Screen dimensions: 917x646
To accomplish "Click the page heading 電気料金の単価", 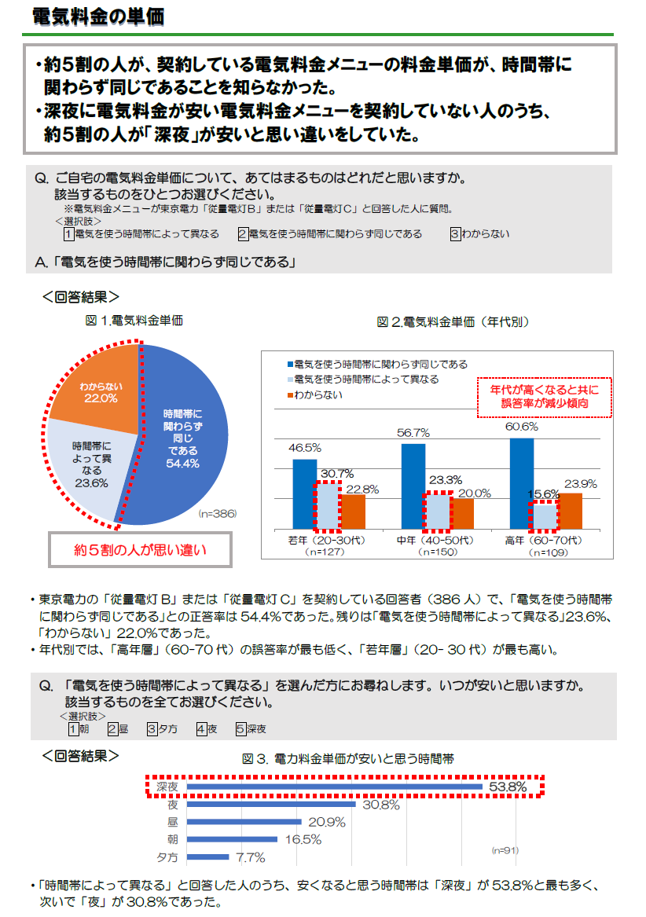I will pyautogui.click(x=97, y=17).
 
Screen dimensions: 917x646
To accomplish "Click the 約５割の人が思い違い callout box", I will pyautogui.click(x=141, y=550).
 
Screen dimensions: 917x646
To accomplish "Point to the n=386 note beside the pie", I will pyautogui.click(x=217, y=513).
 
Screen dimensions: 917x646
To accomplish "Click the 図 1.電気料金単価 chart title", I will pyautogui.click(x=134, y=321).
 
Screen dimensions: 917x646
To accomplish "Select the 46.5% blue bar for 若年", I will pyautogui.click(x=304, y=493).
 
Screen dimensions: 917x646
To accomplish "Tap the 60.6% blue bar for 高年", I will pyautogui.click(x=521, y=483).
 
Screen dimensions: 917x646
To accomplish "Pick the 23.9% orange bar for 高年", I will pyautogui.click(x=571, y=511).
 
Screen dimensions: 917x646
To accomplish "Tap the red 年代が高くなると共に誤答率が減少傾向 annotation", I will pyautogui.click(x=544, y=396).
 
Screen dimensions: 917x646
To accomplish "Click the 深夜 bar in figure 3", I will pyautogui.click(x=335, y=786).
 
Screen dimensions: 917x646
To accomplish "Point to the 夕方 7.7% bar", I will pyautogui.click(x=207, y=856).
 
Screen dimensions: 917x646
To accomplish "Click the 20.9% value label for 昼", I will pyautogui.click(x=326, y=822).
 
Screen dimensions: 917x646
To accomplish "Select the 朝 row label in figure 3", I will pyautogui.click(x=172, y=839).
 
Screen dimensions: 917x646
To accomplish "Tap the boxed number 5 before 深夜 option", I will pyautogui.click(x=240, y=728).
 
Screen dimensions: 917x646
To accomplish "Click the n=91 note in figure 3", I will pyautogui.click(x=505, y=851).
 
